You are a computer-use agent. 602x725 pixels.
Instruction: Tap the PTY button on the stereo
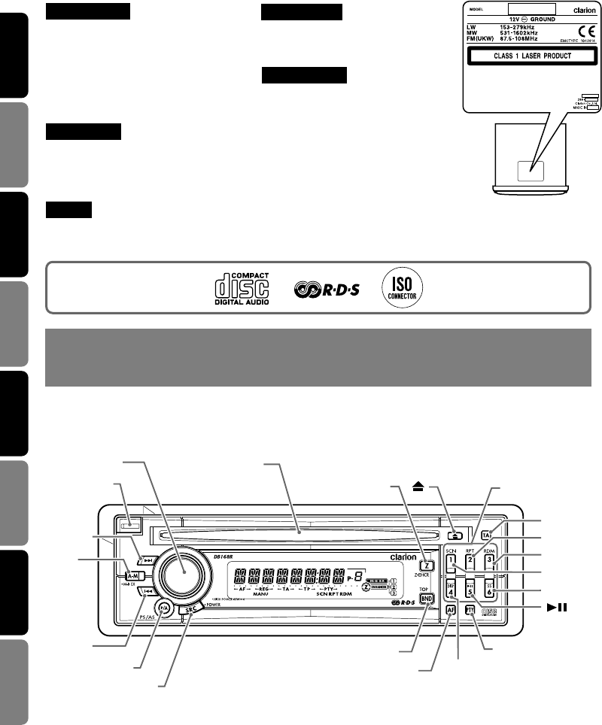(x=470, y=610)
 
